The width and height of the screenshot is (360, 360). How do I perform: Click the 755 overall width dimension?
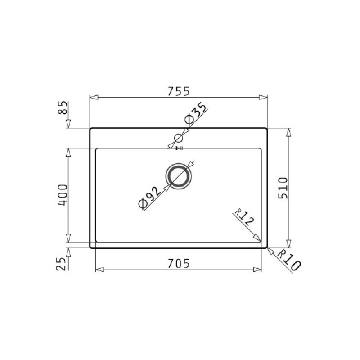pos(179,90)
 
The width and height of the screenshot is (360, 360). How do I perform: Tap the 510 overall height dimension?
pos(282,188)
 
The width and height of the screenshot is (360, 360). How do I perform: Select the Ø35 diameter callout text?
pos(195,115)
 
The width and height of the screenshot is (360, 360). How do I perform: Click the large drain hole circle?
pos(179,176)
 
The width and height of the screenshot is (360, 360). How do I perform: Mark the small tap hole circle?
pos(179,138)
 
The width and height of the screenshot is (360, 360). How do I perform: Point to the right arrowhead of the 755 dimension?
pos(264,97)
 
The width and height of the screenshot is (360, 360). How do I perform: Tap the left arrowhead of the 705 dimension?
pos(99,270)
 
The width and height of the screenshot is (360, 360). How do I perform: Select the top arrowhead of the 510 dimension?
pos(289,132)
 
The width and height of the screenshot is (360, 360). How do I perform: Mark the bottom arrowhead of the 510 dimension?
pos(289,244)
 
